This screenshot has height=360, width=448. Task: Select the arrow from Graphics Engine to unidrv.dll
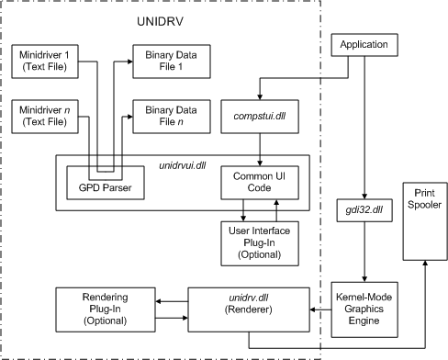point(318,310)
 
